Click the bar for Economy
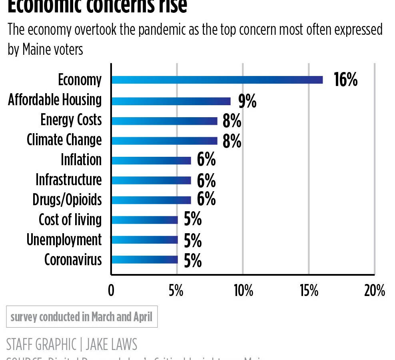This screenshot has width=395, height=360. point(217,80)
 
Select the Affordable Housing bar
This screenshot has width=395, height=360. point(171,101)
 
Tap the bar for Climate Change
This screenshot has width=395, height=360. point(164,141)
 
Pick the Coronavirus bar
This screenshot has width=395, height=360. point(144,260)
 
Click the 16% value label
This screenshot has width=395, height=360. point(345,80)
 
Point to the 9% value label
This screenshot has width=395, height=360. point(247,102)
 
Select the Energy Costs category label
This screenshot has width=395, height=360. point(71,120)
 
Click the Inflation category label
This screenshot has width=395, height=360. point(81,160)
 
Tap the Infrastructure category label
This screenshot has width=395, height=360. point(69,180)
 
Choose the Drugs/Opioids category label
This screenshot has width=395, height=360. point(67,200)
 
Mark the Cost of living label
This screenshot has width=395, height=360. point(70,220)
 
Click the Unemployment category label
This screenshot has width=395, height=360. point(64,240)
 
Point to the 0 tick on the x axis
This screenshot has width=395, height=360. point(111,291)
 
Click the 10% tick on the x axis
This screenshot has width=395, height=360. point(243,291)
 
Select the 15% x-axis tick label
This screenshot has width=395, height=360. point(309,291)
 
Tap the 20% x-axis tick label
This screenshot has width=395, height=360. point(374,291)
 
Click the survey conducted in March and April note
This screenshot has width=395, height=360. point(82,317)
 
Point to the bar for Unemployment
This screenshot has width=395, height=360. point(144,240)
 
